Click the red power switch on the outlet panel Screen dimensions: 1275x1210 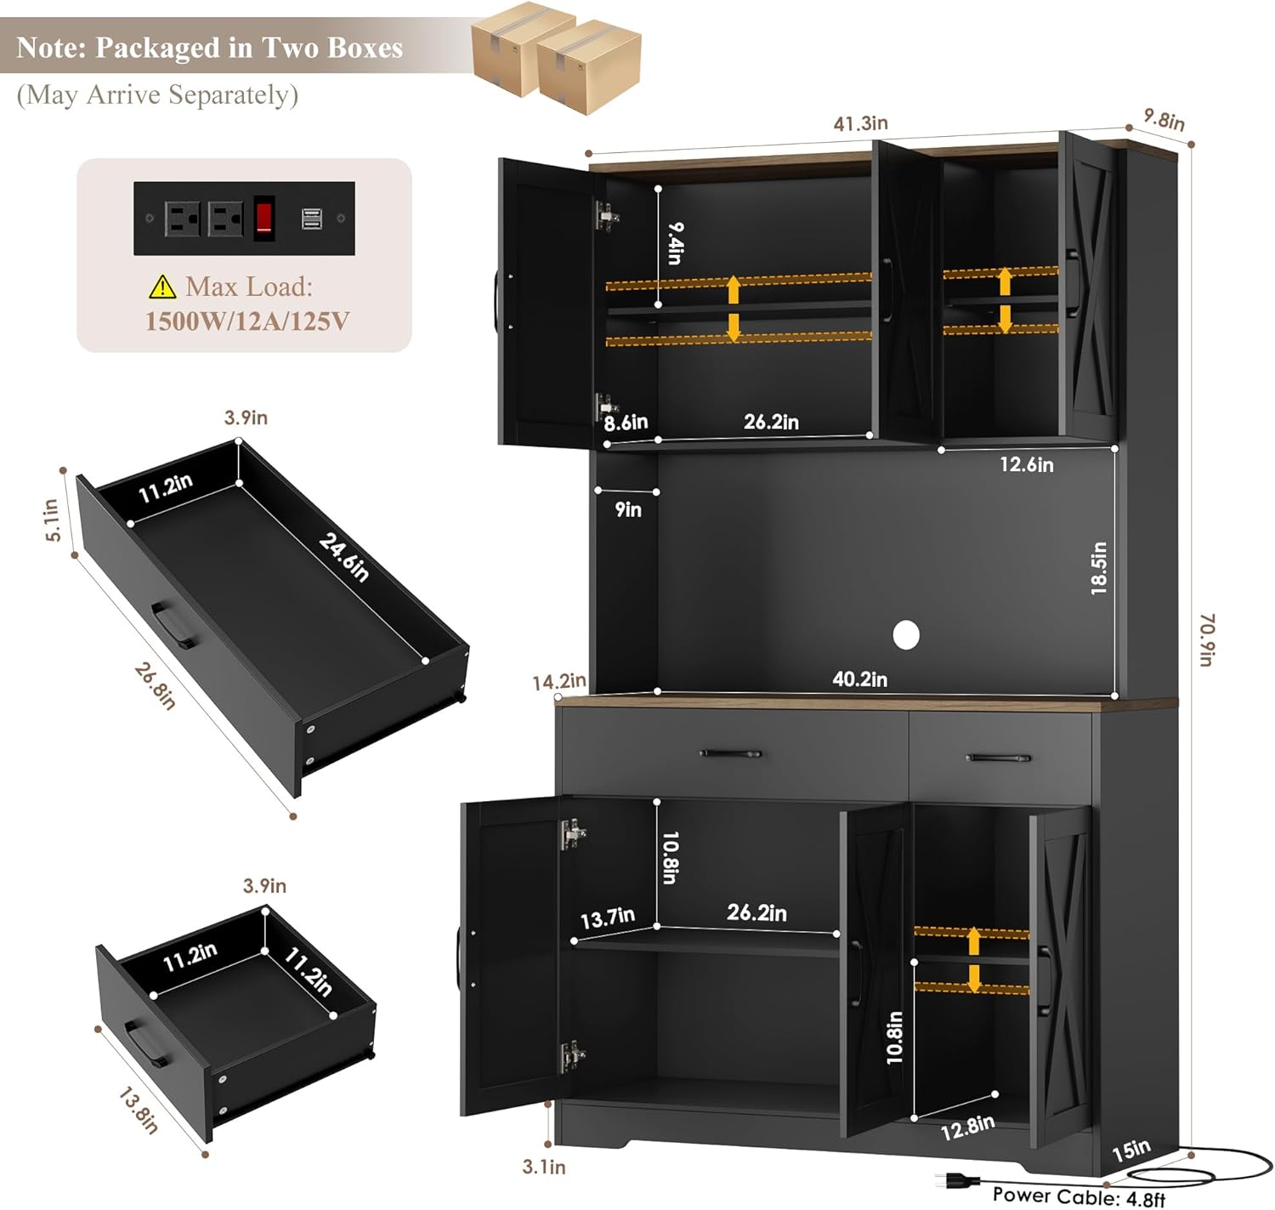click(x=264, y=218)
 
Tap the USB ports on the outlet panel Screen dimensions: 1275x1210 click(x=311, y=218)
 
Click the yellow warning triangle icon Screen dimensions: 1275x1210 click(x=162, y=286)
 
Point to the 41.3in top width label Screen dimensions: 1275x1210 click(x=860, y=123)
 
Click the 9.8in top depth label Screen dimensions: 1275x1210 click(x=1164, y=119)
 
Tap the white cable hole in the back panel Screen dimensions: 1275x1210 click(x=905, y=635)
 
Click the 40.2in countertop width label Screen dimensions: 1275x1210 click(x=859, y=679)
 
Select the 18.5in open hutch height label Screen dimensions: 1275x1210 click(x=1098, y=568)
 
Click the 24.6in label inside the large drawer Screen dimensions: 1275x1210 click(x=343, y=557)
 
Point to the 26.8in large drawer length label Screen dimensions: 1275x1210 click(x=155, y=685)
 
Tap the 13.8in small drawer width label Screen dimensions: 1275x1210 click(x=138, y=1110)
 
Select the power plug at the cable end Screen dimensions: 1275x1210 click(x=956, y=1179)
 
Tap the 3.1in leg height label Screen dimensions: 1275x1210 click(x=543, y=1167)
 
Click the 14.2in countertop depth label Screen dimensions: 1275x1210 click(x=559, y=681)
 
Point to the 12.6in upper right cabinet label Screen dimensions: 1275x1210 click(x=1026, y=464)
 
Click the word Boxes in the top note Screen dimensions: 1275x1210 click(x=365, y=48)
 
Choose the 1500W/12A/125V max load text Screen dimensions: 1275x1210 click(x=247, y=321)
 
